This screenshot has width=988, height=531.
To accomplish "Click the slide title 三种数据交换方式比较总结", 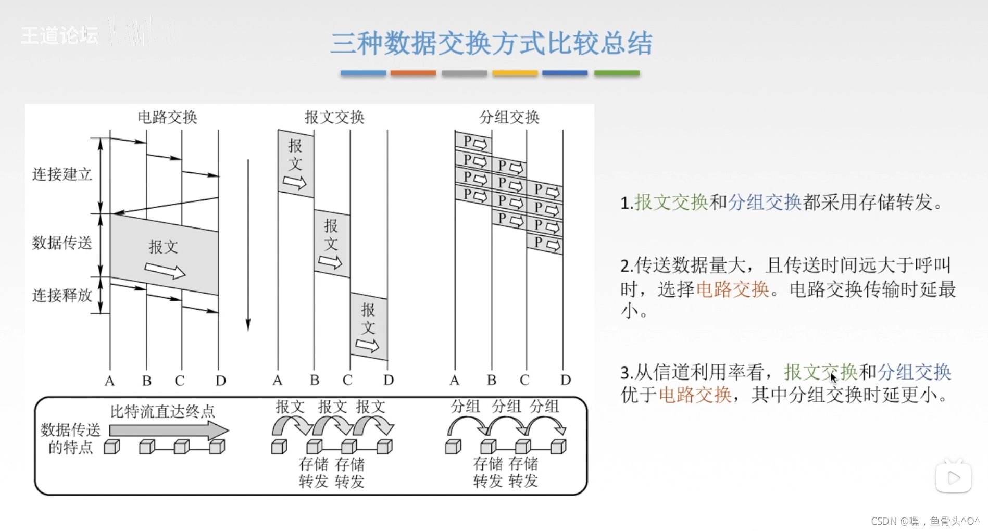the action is point(491,43).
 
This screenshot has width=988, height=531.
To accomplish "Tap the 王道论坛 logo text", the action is point(59,35).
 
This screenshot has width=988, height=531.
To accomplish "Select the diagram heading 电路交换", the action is point(167,117).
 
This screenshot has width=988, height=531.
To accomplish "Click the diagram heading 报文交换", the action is point(334,117).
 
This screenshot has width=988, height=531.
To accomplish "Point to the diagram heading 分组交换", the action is point(509,117).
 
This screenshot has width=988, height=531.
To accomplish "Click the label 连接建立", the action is point(62,174).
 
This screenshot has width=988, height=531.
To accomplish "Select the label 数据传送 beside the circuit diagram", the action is point(62,243).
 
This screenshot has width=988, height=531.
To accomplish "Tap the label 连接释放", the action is point(62,295).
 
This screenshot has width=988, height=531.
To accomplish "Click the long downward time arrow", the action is point(248,245).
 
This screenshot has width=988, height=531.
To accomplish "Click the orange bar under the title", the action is point(413,73).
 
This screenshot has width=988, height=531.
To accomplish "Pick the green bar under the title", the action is point(617,73).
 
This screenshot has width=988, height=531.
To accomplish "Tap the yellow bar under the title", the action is point(515,73).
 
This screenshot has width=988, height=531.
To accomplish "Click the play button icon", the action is point(953,477).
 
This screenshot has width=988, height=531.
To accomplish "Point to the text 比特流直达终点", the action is point(162,412).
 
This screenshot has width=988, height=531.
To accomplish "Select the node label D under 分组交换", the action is point(566,380).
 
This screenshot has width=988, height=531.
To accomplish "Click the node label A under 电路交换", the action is point(109,381).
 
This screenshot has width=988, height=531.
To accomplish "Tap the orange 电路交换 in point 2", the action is point(732,289).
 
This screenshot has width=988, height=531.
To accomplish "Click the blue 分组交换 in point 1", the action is point(764,202).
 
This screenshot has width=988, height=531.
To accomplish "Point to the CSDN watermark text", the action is point(925,521).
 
